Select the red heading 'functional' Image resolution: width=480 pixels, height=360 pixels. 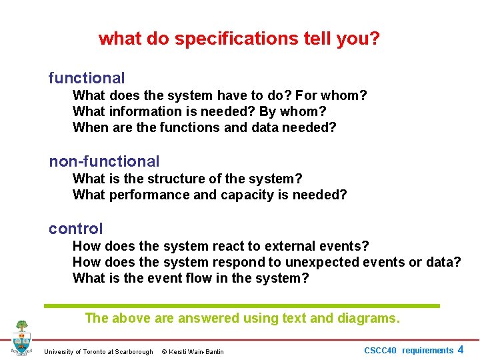(87, 78)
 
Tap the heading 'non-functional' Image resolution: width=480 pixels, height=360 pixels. (104, 161)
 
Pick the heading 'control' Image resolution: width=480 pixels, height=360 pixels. (75, 229)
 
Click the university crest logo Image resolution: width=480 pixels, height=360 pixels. (21, 337)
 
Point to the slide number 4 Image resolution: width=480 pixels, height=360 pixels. (461, 349)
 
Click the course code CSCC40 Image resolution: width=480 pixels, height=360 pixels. (380, 351)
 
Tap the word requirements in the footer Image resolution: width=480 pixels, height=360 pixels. (427, 351)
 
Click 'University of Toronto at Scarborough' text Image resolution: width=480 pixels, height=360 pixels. (98, 352)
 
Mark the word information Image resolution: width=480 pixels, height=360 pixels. (144, 111)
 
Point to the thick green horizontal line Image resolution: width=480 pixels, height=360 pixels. (242, 306)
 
